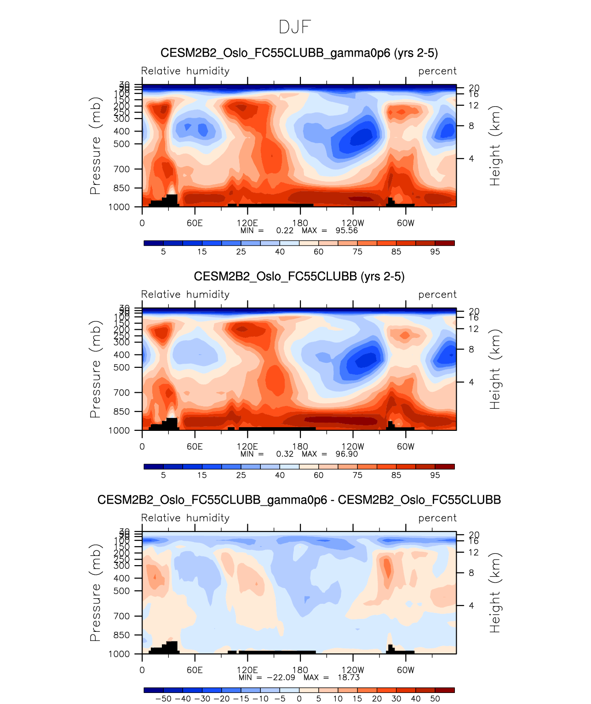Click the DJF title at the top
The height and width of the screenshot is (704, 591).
point(295,27)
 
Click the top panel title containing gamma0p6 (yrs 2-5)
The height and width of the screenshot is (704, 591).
point(299,53)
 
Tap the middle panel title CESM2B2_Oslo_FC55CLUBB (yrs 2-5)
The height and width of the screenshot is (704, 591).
point(299,276)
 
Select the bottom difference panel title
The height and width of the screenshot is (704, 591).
point(299,500)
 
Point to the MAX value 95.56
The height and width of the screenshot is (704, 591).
point(346,230)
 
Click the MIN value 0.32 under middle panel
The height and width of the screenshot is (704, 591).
point(285,454)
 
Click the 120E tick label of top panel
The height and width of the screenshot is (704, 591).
point(247,223)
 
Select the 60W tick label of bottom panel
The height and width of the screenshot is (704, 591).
point(406,670)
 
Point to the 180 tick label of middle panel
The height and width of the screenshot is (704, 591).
point(300,446)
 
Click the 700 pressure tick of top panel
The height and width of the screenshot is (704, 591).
point(122,169)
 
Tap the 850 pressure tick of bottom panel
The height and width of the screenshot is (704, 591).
point(122,635)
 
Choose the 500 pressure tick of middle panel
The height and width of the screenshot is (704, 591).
point(122,367)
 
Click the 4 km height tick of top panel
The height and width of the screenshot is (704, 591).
point(471,159)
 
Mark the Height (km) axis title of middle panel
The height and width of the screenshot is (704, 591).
point(494,369)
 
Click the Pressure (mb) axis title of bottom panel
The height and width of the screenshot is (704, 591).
point(95,593)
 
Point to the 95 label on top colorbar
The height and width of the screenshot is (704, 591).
point(435,252)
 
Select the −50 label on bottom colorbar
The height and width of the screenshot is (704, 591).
point(163,698)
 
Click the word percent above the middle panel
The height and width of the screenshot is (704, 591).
point(437,294)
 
